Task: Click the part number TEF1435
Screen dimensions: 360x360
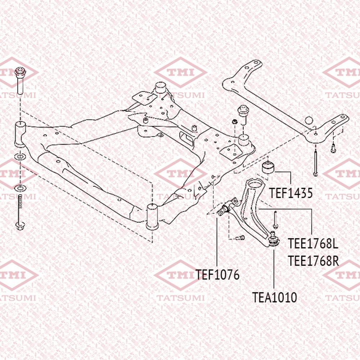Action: [x=291, y=193]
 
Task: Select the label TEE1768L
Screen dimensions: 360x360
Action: [x=313, y=244]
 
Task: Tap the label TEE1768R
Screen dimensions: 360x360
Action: [x=313, y=261]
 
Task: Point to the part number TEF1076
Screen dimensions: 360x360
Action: [x=217, y=275]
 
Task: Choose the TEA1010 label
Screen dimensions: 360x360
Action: [x=274, y=298]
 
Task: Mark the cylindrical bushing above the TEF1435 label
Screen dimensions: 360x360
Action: [x=268, y=167]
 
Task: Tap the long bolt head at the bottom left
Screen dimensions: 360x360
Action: [x=20, y=225]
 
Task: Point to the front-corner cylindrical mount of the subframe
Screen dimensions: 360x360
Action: [x=152, y=217]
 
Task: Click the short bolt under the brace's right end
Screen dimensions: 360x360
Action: [x=333, y=148]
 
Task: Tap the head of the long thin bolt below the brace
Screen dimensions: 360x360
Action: [x=316, y=174]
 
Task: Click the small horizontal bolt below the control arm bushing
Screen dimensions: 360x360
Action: [x=240, y=238]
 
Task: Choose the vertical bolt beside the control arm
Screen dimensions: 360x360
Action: [x=275, y=220]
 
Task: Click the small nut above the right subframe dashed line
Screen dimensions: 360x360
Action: [x=234, y=121]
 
